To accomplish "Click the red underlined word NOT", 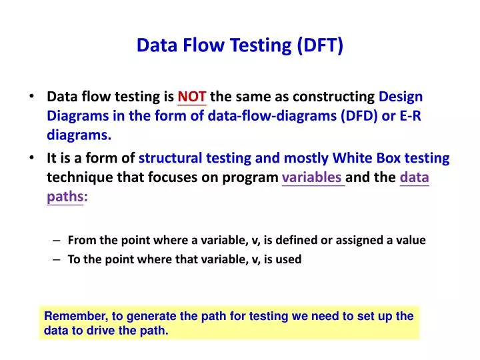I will coord(192,97).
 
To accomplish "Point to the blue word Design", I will coord(401,97).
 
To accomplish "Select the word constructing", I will coord(337,97).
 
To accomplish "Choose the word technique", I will coord(77,177).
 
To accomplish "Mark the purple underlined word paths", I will coord(65,197).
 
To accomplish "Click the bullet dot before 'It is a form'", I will coord(33,158).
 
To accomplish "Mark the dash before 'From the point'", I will coord(56,240).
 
